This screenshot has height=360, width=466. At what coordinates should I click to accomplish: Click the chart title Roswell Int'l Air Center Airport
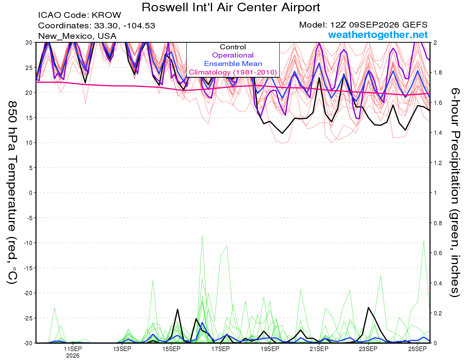click(231, 7)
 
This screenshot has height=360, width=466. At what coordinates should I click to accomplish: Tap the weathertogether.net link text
click(377, 35)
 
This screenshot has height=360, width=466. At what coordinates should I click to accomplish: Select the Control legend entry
click(233, 47)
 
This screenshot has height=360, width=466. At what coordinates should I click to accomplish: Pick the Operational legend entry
click(233, 55)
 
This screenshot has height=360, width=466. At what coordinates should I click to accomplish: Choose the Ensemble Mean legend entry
click(233, 64)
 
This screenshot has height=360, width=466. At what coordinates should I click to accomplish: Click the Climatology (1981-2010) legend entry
click(233, 72)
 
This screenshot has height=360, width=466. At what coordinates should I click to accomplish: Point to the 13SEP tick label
click(122, 349)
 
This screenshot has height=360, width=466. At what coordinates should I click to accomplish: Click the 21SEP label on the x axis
click(319, 349)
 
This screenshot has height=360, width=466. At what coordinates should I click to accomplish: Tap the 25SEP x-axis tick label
click(417, 349)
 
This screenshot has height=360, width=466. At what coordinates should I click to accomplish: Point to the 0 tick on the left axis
click(31, 193)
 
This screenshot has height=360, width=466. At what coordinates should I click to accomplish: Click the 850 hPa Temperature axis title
click(12, 193)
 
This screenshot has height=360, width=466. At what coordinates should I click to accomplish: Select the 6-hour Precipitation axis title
click(455, 193)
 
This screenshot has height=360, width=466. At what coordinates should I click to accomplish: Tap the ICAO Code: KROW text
click(80, 15)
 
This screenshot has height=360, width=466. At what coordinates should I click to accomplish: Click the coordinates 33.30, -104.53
click(125, 26)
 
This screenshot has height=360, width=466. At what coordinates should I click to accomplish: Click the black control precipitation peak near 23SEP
click(369, 308)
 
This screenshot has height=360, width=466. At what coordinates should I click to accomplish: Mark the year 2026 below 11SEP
click(73, 356)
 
